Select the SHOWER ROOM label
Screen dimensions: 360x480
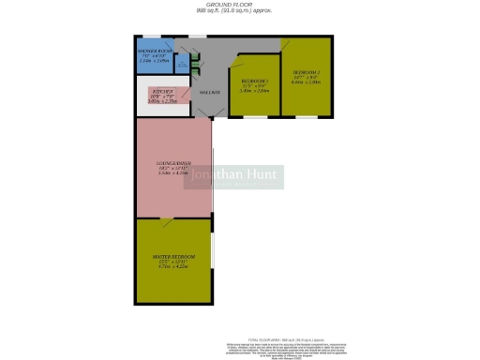(x=152, y=52)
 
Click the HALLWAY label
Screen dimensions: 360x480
(x=209, y=93)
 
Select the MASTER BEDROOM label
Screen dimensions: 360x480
(x=173, y=256)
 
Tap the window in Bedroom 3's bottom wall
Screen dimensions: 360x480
(x=253, y=117)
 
